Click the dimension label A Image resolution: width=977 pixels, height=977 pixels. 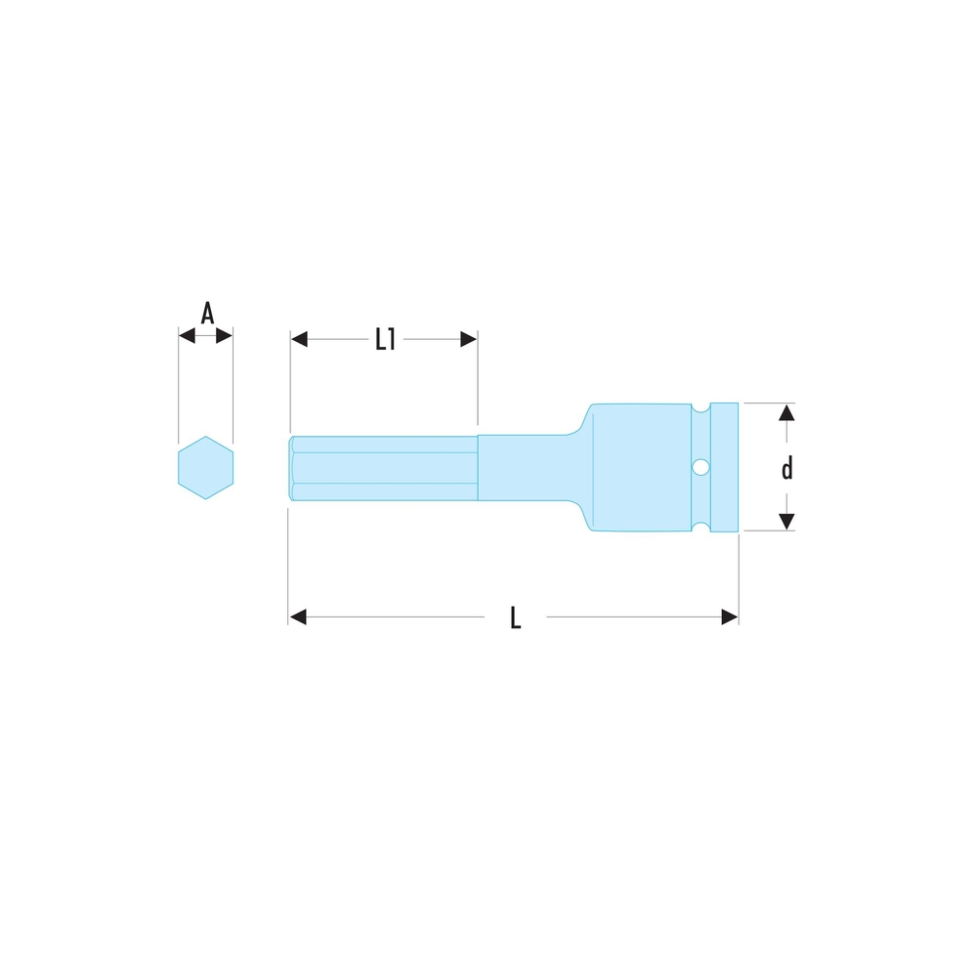pyautogui.click(x=207, y=314)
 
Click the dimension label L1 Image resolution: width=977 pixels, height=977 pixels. pyautogui.click(x=386, y=340)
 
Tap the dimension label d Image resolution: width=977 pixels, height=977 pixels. pyautogui.click(x=787, y=467)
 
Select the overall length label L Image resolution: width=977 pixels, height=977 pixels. pyautogui.click(x=515, y=618)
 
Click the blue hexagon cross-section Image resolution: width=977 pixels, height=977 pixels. pyautogui.click(x=205, y=467)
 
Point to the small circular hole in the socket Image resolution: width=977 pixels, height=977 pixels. pyautogui.click(x=701, y=467)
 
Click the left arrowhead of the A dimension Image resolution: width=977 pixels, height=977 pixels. pyautogui.click(x=187, y=336)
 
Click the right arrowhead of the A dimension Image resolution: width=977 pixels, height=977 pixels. pyautogui.click(x=225, y=336)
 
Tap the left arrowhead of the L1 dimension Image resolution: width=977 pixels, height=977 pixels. pyautogui.click(x=299, y=340)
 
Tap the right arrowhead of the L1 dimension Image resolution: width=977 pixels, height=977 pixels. pyautogui.click(x=469, y=340)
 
